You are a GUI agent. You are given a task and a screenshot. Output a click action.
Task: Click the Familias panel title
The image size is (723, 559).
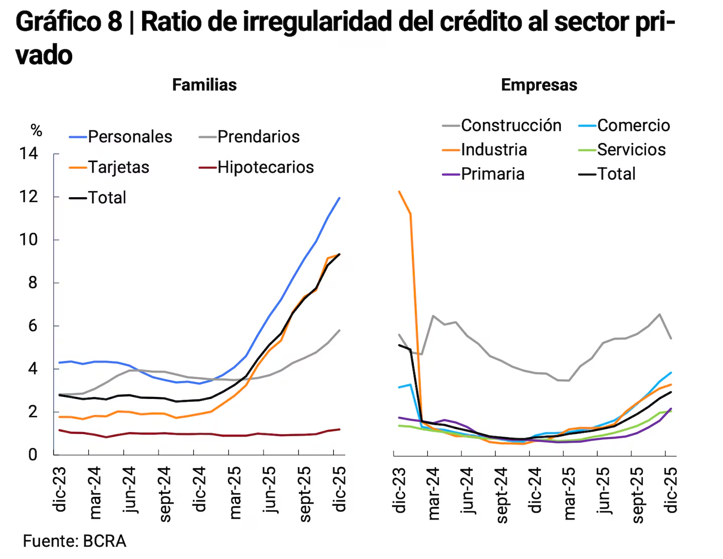click(x=204, y=85)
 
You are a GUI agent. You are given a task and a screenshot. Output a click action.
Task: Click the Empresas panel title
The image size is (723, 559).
click(x=539, y=85)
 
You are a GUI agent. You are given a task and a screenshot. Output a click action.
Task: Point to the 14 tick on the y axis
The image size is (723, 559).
click(x=29, y=154)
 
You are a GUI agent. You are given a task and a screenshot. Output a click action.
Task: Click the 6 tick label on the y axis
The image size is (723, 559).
click(x=33, y=326)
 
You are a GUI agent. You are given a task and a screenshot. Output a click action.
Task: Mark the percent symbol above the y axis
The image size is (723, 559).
click(x=36, y=131)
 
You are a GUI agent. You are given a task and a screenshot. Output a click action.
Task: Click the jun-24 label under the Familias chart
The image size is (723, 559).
click(x=129, y=489)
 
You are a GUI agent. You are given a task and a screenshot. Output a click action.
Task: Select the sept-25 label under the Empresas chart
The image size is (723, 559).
click(x=637, y=495)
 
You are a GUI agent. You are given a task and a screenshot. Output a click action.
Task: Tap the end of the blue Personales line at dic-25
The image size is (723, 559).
click(x=339, y=198)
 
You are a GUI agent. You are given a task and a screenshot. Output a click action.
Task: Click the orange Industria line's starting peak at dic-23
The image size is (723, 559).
click(x=399, y=192)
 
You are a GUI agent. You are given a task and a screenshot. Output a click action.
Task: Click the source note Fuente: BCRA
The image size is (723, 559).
click(x=75, y=541)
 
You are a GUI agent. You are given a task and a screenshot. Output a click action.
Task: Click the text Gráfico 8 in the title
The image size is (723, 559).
click(x=69, y=22)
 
